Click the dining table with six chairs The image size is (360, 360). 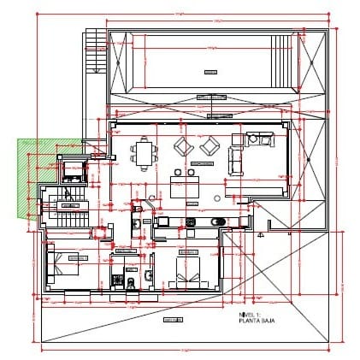pos(145,154)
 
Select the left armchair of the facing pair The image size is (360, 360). pos(183,146)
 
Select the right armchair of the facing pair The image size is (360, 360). pos(208,146)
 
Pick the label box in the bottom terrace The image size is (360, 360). pos(174,318)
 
